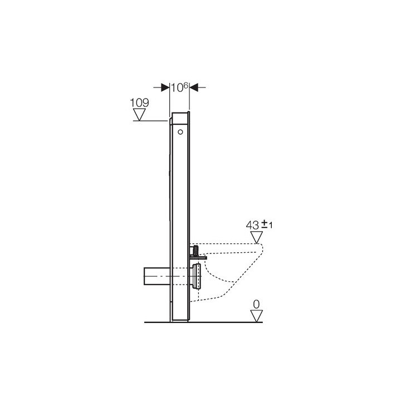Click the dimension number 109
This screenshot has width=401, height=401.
coord(140,103)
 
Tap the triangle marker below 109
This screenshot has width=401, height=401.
coord(140,115)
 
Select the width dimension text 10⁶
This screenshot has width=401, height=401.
coord(179,87)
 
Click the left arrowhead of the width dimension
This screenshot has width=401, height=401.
coord(165,87)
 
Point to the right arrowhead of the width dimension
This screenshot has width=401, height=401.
coord(194,87)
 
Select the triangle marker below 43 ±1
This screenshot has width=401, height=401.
coord(256,238)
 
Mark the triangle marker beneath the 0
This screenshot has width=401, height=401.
coord(256,316)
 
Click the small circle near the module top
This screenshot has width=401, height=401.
coord(180,133)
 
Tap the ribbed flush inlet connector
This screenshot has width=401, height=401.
coord(197,249)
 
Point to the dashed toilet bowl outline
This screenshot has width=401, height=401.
coord(234,278)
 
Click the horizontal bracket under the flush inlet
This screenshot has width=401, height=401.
coord(199,257)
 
